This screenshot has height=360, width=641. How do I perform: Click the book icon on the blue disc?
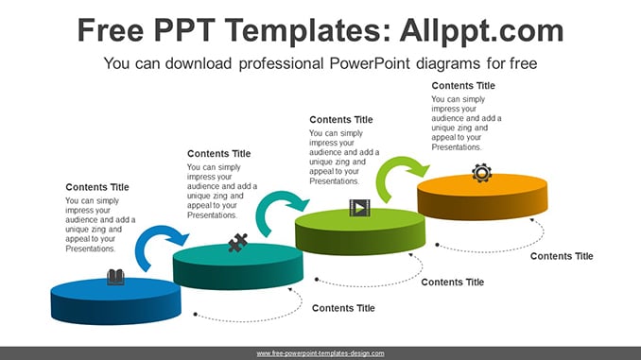[x=115, y=277]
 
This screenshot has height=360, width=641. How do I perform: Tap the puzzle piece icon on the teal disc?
[x=237, y=242]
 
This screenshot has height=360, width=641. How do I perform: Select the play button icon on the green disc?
[x=360, y=208]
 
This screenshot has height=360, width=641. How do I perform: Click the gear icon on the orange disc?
[x=481, y=173]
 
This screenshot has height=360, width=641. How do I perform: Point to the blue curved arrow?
[x=157, y=233]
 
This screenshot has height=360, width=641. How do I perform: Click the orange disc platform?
[x=482, y=197]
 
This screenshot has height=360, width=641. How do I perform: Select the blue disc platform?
[x=115, y=301]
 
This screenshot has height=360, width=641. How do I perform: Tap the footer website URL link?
[x=320, y=353]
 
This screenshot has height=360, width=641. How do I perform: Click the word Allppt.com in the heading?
[x=481, y=31]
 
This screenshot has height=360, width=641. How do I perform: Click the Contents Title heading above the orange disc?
[x=463, y=86]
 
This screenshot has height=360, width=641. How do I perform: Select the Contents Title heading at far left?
[x=97, y=187]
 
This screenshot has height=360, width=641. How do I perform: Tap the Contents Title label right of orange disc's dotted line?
[x=562, y=256]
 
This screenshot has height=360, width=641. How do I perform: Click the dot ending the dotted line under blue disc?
[x=196, y=315]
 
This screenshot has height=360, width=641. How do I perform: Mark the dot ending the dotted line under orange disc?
[x=437, y=245]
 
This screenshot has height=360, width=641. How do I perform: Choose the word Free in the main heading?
[x=111, y=31]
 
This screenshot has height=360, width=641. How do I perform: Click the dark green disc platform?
[x=360, y=231]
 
